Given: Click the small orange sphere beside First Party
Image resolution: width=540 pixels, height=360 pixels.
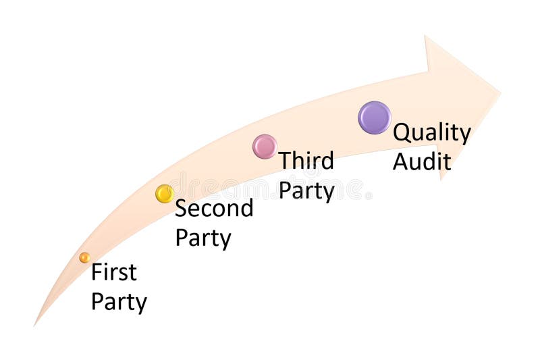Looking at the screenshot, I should tap(84, 257).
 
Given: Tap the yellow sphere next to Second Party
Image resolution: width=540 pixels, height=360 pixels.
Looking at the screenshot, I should tap(165, 194).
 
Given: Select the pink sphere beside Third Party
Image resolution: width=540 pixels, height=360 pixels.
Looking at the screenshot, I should tap(265, 147).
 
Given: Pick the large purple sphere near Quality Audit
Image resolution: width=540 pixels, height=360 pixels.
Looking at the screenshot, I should tap(375, 118).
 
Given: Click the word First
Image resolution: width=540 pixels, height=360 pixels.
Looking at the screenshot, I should tap(114, 272).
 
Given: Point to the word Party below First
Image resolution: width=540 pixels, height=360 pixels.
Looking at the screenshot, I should tap(119, 301).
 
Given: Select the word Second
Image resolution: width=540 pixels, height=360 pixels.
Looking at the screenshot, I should tap(214, 208).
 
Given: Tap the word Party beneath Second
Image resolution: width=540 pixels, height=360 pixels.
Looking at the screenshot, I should tap(202, 238).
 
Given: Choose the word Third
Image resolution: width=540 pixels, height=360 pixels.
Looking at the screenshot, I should tap(306, 161).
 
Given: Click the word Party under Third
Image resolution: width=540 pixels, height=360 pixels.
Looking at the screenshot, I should tap(306, 190).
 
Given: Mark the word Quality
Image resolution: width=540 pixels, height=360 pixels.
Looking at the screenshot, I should tap(432, 132).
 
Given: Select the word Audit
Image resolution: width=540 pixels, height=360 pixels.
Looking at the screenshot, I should tap(422, 161).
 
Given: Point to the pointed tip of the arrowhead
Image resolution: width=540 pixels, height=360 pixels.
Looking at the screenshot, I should tap(500, 91).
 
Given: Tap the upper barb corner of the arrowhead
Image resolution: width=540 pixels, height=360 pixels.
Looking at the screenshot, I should tap(425, 36).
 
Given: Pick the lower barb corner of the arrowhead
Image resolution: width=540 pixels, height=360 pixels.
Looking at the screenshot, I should tap(441, 179).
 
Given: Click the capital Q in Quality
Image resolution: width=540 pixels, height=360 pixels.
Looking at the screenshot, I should tap(402, 132).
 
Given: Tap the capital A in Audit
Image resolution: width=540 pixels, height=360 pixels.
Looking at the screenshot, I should tap(402, 161).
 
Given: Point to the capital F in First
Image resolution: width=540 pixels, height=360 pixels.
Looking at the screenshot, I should tap(97, 272).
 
